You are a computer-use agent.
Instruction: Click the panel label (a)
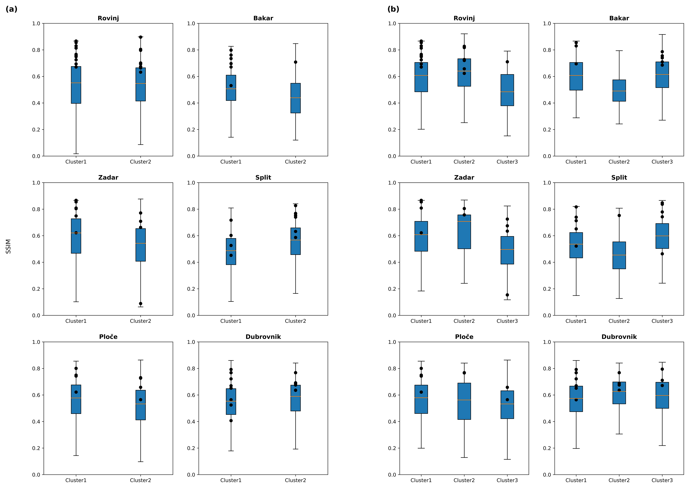pyautogui.click(x=11, y=9)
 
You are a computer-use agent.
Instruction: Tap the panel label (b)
pyautogui.click(x=393, y=9)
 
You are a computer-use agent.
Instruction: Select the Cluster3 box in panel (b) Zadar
pyautogui.click(x=507, y=250)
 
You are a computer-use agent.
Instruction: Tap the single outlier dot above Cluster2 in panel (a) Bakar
pyautogui.click(x=296, y=62)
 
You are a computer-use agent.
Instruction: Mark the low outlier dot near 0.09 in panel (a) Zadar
pyautogui.click(x=141, y=304)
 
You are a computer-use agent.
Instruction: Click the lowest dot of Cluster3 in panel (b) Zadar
pyautogui.click(x=507, y=295)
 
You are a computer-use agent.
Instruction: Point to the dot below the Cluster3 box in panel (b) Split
pyautogui.click(x=662, y=254)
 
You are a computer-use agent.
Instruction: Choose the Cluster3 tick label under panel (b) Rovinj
pyautogui.click(x=507, y=162)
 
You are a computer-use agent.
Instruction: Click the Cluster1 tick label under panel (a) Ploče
pyautogui.click(x=76, y=480)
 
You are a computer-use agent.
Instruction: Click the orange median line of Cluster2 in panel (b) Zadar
pyautogui.click(x=464, y=222)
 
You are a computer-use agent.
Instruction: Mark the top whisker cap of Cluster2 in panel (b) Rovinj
pyautogui.click(x=464, y=34)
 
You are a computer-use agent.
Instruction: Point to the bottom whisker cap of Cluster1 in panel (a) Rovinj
pyautogui.click(x=76, y=154)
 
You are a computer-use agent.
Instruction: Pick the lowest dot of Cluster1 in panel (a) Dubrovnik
pyautogui.click(x=231, y=421)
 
